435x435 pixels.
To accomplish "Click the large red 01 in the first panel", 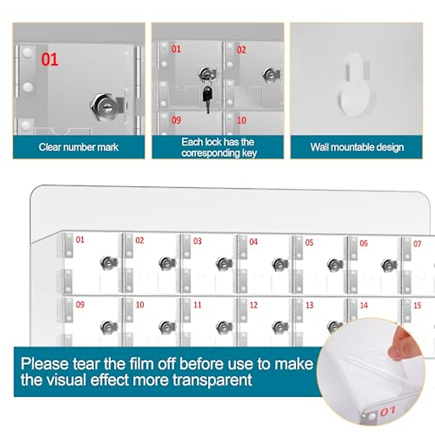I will click(50, 59).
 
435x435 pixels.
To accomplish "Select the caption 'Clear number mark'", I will click(78, 147).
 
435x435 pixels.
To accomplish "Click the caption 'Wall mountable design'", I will click(357, 147).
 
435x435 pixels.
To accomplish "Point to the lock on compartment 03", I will click(224, 264).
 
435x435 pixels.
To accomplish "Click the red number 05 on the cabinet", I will click(309, 242).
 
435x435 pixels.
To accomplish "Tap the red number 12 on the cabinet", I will click(253, 305).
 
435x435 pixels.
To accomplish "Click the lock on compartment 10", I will click(167, 327).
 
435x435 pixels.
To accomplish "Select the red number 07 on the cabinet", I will click(417, 244).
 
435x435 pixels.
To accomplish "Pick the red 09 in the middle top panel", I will click(176, 120).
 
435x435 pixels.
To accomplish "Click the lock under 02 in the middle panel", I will click(270, 75).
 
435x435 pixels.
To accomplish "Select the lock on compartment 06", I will click(389, 265).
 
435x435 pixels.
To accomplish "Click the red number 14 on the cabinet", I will click(364, 306).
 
